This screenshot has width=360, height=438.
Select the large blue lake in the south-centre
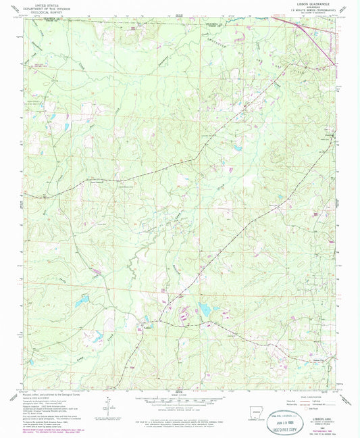pyautogui.click(x=203, y=310)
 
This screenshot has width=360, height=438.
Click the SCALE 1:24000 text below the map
pyautogui.click(x=179, y=395)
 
